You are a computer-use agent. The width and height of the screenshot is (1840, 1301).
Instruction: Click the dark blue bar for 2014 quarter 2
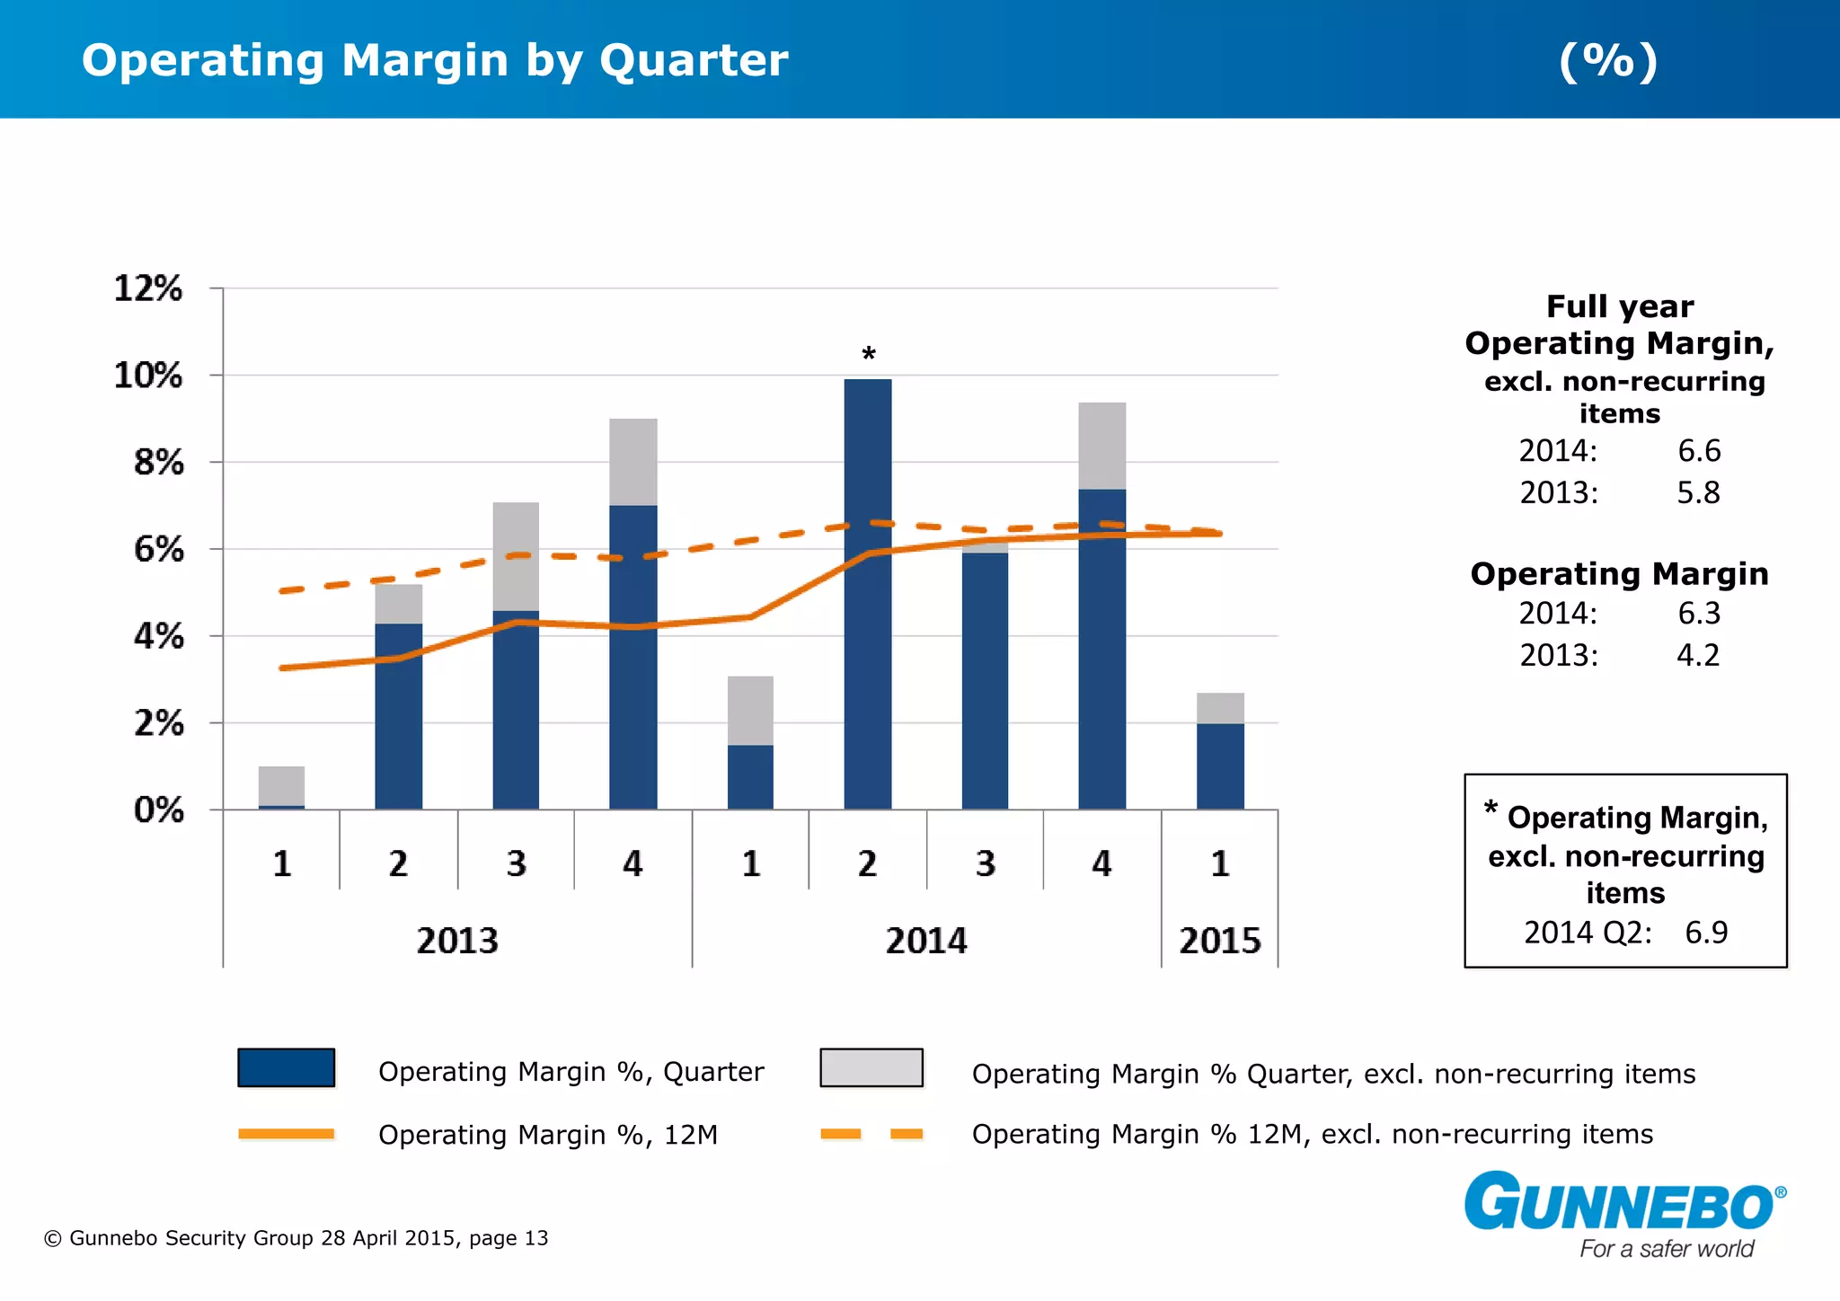click(x=868, y=593)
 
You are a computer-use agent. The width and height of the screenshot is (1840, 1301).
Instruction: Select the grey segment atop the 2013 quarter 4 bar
click(x=633, y=462)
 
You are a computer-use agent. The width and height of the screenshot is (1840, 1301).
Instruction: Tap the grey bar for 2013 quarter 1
click(x=281, y=785)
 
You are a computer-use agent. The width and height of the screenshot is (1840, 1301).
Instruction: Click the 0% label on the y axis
click(x=159, y=810)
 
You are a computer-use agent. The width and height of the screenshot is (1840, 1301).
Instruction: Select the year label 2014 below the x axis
click(x=926, y=941)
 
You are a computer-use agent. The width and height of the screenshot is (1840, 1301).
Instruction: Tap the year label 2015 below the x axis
click(x=1220, y=941)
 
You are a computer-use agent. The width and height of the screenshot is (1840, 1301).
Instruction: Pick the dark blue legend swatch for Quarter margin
click(x=286, y=1067)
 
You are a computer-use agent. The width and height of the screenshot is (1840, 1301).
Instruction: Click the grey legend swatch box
click(x=871, y=1067)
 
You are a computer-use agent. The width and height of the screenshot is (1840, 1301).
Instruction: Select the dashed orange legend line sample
click(x=871, y=1134)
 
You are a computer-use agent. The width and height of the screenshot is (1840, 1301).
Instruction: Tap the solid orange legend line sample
click(x=286, y=1134)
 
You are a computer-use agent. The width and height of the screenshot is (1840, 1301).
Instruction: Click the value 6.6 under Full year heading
click(x=1699, y=450)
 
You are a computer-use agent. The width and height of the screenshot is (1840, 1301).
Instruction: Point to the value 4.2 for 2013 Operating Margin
click(x=1698, y=655)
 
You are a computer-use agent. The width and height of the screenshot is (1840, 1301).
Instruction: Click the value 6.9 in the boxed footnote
click(x=1706, y=933)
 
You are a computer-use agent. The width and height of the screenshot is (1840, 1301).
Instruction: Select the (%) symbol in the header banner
click(x=1608, y=61)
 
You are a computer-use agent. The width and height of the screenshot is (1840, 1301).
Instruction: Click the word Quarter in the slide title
click(x=694, y=61)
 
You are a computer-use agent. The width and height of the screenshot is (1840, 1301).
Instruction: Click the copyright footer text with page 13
click(x=296, y=1238)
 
